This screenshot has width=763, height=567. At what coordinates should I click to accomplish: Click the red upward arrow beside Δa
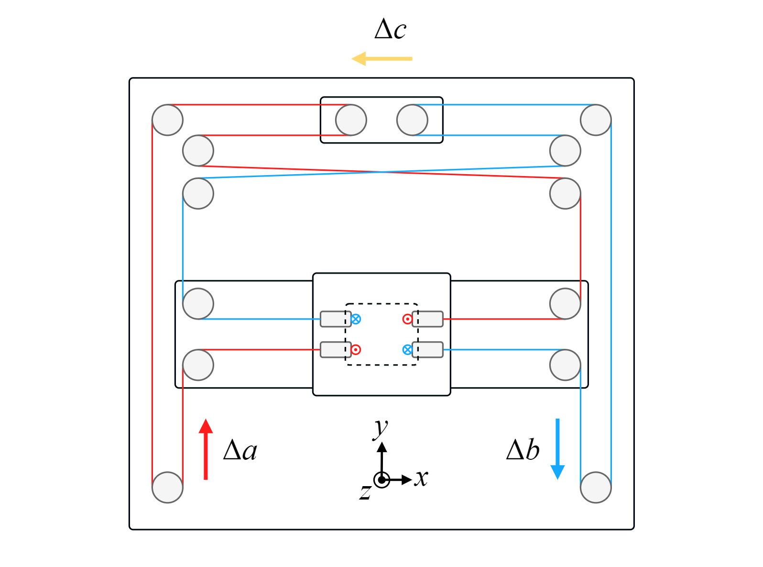click(x=206, y=449)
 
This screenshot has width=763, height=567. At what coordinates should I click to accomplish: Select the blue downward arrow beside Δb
click(x=557, y=449)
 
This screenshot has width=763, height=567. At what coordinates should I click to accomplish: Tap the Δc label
click(x=390, y=30)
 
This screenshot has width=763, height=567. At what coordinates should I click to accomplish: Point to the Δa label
click(x=240, y=450)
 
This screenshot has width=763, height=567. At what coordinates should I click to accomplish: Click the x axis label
click(x=421, y=478)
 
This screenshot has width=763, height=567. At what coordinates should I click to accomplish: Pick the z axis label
click(x=365, y=492)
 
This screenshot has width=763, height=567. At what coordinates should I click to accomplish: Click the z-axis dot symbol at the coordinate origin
click(x=381, y=479)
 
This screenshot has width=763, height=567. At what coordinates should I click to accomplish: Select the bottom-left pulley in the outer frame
click(x=167, y=487)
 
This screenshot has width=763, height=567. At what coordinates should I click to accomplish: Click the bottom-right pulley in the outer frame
click(x=596, y=487)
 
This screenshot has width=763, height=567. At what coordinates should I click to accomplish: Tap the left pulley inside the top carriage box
click(x=351, y=120)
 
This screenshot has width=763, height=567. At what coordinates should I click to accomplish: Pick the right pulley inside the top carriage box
click(x=412, y=120)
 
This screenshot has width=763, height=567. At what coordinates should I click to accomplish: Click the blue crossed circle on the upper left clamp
click(x=356, y=319)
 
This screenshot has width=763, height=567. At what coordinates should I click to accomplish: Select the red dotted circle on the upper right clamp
click(x=407, y=319)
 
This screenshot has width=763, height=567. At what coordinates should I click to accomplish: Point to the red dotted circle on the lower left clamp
click(x=356, y=350)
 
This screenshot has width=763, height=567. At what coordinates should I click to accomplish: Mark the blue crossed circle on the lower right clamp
click(x=407, y=350)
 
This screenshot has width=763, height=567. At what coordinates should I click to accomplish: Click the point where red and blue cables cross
click(x=381, y=172)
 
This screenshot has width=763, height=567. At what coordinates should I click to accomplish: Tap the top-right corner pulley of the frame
click(x=596, y=120)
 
